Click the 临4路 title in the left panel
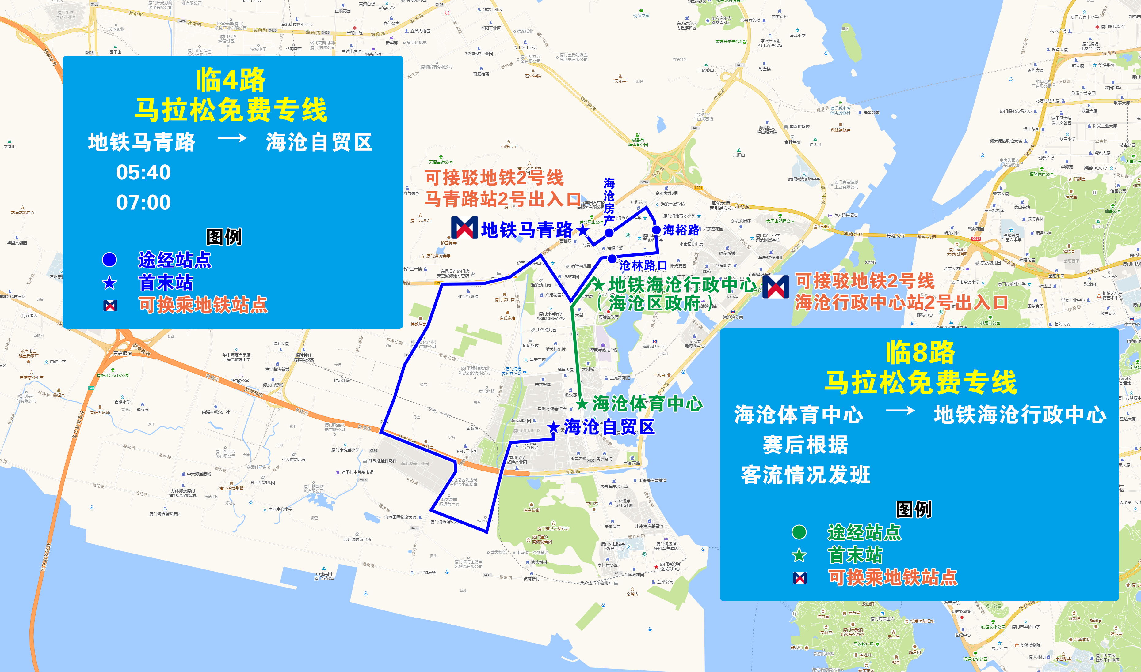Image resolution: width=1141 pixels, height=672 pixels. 231,80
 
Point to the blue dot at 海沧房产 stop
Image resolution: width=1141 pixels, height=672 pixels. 609,233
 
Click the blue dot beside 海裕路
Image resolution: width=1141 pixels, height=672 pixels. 656,230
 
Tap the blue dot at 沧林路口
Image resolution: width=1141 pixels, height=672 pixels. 612,259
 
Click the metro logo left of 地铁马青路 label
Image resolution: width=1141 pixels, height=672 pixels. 464,228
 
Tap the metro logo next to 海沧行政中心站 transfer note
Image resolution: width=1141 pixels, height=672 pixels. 776,287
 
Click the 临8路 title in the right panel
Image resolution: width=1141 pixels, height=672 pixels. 920,353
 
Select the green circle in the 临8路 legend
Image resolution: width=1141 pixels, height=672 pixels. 799,532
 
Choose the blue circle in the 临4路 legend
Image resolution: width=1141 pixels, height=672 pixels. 109,260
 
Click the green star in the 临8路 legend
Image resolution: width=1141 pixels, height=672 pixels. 799,555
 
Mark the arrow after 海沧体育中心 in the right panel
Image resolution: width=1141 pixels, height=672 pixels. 900,411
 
